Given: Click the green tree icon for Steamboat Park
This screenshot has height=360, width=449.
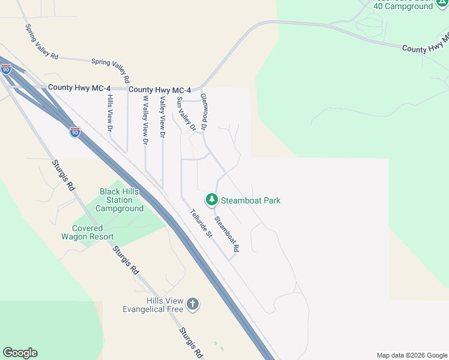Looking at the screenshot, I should click(211, 200).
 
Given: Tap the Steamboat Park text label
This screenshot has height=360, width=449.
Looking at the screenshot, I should click(250, 200).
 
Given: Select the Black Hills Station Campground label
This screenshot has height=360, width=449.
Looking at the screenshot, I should click(121, 200).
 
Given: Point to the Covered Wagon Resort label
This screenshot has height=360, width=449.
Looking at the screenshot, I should click(93, 232).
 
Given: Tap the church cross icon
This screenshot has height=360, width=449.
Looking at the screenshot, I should click(193, 304).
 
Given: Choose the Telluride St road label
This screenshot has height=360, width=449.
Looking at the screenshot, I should click(202, 223).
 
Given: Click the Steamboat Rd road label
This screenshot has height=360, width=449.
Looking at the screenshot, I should click(227, 233).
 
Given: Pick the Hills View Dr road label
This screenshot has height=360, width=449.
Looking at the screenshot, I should click(110, 113).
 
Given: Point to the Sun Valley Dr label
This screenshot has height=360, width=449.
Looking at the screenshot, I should click(185, 113).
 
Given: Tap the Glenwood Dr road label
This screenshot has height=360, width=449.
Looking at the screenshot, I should click(204, 112).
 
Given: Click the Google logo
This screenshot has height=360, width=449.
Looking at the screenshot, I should click(20, 353).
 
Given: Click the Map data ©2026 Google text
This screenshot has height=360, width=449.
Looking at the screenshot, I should click(412, 355).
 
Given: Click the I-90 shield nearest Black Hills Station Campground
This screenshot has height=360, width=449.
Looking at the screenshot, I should click(75, 131).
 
